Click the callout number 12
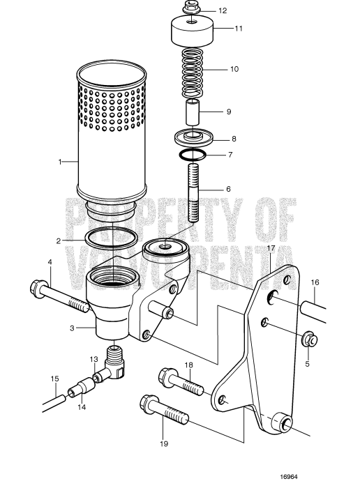223,11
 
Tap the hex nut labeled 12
190,8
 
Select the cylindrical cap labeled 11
190,31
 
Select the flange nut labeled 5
308,340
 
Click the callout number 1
61,161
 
